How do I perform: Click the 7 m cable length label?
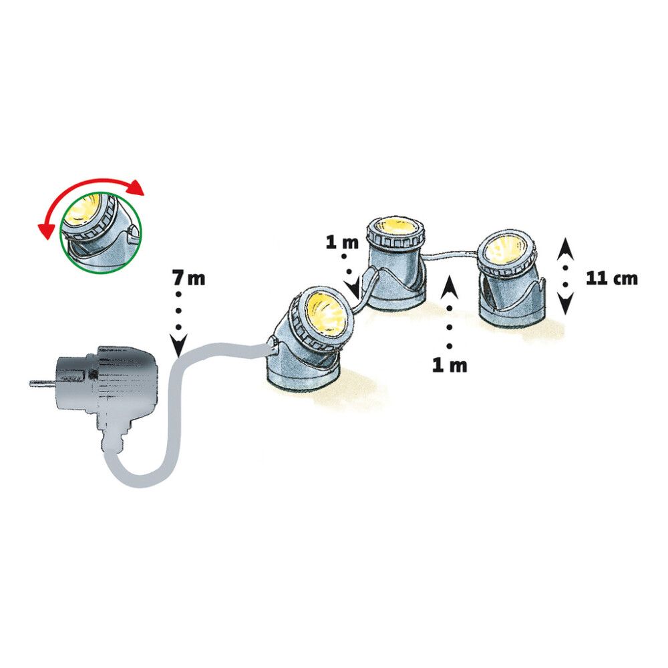click(x=189, y=278)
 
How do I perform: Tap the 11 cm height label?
click(x=612, y=278)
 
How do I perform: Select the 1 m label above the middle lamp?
click(x=342, y=242)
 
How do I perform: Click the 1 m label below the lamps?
click(x=450, y=365)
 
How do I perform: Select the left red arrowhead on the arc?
click(x=45, y=230)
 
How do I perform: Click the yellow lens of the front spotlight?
click(x=325, y=313)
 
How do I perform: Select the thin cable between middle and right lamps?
click(x=450, y=255)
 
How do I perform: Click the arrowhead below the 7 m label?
click(x=178, y=345)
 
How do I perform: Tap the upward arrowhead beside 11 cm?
click(x=566, y=249)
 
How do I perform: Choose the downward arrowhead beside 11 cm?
click(x=566, y=304)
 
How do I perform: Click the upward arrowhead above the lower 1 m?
click(x=450, y=287)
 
